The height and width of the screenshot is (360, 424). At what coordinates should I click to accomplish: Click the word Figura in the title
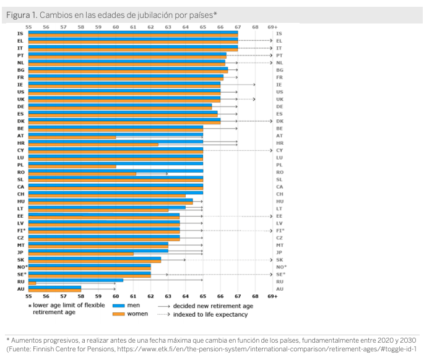tap(19, 14)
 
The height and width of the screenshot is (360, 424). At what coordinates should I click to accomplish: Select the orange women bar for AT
tap(72, 137)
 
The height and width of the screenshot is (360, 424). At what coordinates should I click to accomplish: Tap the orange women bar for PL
tap(72, 166)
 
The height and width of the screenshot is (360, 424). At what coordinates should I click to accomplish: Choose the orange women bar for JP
tap(80, 254)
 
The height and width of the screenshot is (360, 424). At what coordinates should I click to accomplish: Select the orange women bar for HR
tap(93, 144)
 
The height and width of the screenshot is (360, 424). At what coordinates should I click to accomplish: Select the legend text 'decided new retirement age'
tap(214, 306)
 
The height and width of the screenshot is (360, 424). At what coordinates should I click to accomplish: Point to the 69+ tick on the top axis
tap(272, 27)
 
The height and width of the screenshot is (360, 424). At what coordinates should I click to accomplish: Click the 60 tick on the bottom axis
tap(116, 296)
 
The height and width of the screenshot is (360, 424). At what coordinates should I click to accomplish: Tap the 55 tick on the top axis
tap(28, 27)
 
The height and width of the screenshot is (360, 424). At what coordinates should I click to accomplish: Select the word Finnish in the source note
tap(44, 349)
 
